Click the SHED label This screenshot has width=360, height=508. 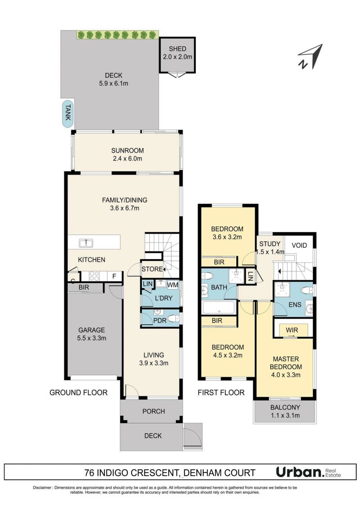coord(177,49)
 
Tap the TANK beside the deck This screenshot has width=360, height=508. coord(67,112)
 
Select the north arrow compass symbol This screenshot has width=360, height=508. coord(310,56)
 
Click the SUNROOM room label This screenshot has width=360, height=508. coord(127,150)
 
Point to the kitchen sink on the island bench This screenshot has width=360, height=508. coord(86,243)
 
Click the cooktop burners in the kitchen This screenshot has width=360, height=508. coord(94,276)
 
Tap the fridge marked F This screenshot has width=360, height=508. coord(114,276)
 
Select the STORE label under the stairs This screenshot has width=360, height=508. coord(152,269)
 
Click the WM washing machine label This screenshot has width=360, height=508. coord(173,285)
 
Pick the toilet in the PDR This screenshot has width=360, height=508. coord(173,319)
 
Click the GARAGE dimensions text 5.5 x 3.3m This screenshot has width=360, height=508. coord(92,338)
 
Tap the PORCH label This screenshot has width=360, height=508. coord(153,411)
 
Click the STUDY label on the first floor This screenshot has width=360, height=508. coord(270,244)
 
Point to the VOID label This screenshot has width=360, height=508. coord(299,245)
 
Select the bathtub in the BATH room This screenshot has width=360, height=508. coord(219,307)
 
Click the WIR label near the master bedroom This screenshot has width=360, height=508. coord(292,330)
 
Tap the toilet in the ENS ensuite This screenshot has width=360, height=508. coord(306,290)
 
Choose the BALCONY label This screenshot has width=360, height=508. coord(285,408)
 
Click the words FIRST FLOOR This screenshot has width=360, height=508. coord(221,393)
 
